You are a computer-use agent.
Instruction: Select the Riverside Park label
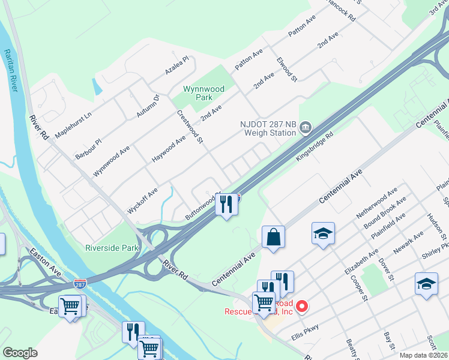pos(112,247)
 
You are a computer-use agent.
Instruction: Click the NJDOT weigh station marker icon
pos(306,126)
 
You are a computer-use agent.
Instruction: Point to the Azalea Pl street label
pos(177,66)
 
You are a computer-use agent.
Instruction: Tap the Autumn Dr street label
pos(147,106)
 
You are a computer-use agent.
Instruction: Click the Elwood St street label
pos(287,70)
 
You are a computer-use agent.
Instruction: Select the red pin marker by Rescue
pos(302,306)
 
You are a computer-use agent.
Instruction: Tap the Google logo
pos(20,353)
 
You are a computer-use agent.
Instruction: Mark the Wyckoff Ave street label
pos(142,200)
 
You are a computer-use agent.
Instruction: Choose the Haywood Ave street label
pos(169,149)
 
